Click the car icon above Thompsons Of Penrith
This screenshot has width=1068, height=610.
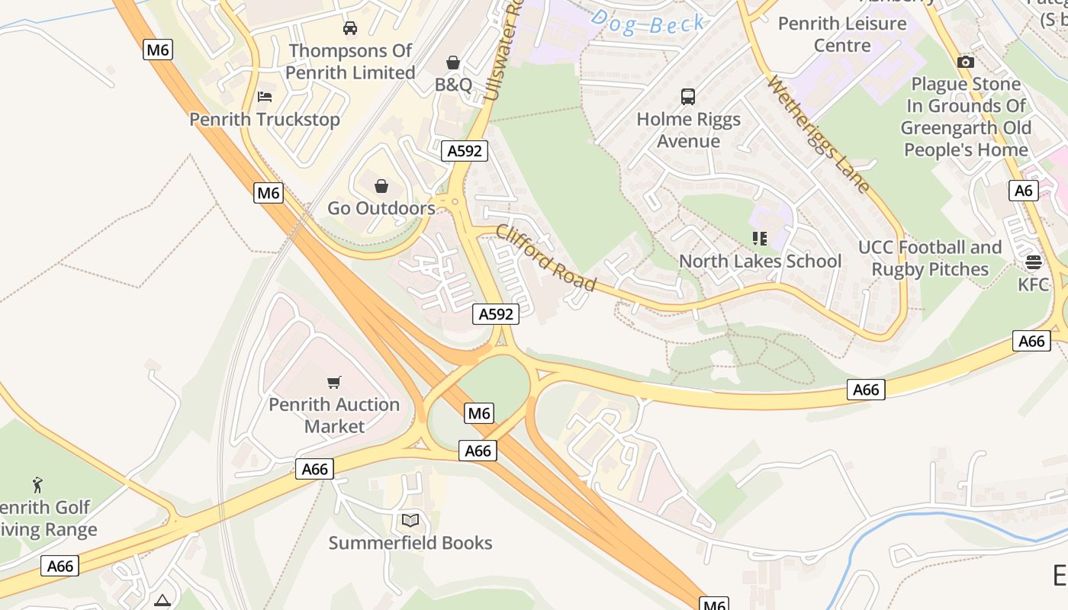350,28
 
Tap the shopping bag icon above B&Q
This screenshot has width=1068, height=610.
453,62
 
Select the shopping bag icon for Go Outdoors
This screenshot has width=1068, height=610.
381,185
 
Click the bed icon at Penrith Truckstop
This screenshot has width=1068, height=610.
265,96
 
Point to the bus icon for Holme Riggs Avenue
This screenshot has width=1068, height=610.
688,96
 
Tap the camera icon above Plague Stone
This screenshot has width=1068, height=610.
966,62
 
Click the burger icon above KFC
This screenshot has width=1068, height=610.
1034,262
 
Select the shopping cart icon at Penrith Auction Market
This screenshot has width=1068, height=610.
333,382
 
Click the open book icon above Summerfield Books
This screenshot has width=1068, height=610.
410,520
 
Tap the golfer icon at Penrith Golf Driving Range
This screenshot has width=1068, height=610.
37,484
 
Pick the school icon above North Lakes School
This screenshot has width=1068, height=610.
760,239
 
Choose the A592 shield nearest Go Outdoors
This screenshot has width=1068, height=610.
465,151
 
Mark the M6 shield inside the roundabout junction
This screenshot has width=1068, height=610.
478,413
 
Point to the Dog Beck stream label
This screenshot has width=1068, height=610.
648,21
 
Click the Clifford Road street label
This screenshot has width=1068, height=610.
545,258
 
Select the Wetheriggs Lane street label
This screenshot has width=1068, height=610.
819,133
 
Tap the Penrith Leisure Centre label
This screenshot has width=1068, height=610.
842,34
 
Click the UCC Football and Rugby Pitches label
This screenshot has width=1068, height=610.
930,258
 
